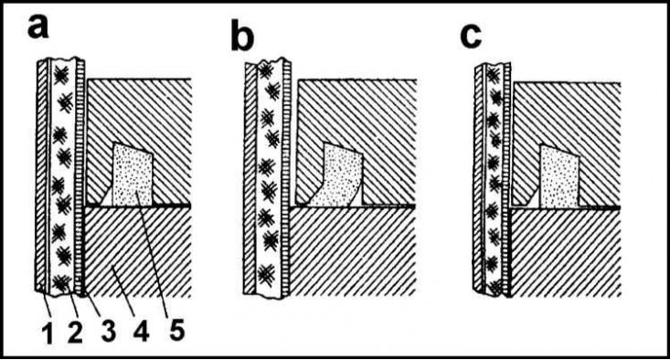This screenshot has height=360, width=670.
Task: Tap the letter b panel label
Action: click(242, 38)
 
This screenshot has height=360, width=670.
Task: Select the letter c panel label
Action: click(471, 36)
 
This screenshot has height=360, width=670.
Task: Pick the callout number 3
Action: click(109, 332)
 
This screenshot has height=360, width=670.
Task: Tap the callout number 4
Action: click(141, 332)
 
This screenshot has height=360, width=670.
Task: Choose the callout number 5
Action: click(176, 329)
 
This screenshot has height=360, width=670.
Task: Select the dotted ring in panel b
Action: click(340, 175)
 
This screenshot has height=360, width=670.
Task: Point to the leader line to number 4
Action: click(125, 290)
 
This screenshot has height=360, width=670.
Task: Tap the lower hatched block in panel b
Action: click(353, 252)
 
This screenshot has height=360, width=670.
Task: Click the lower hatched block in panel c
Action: click(566, 253)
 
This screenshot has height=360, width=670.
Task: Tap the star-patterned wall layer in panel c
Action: click(494, 179)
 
